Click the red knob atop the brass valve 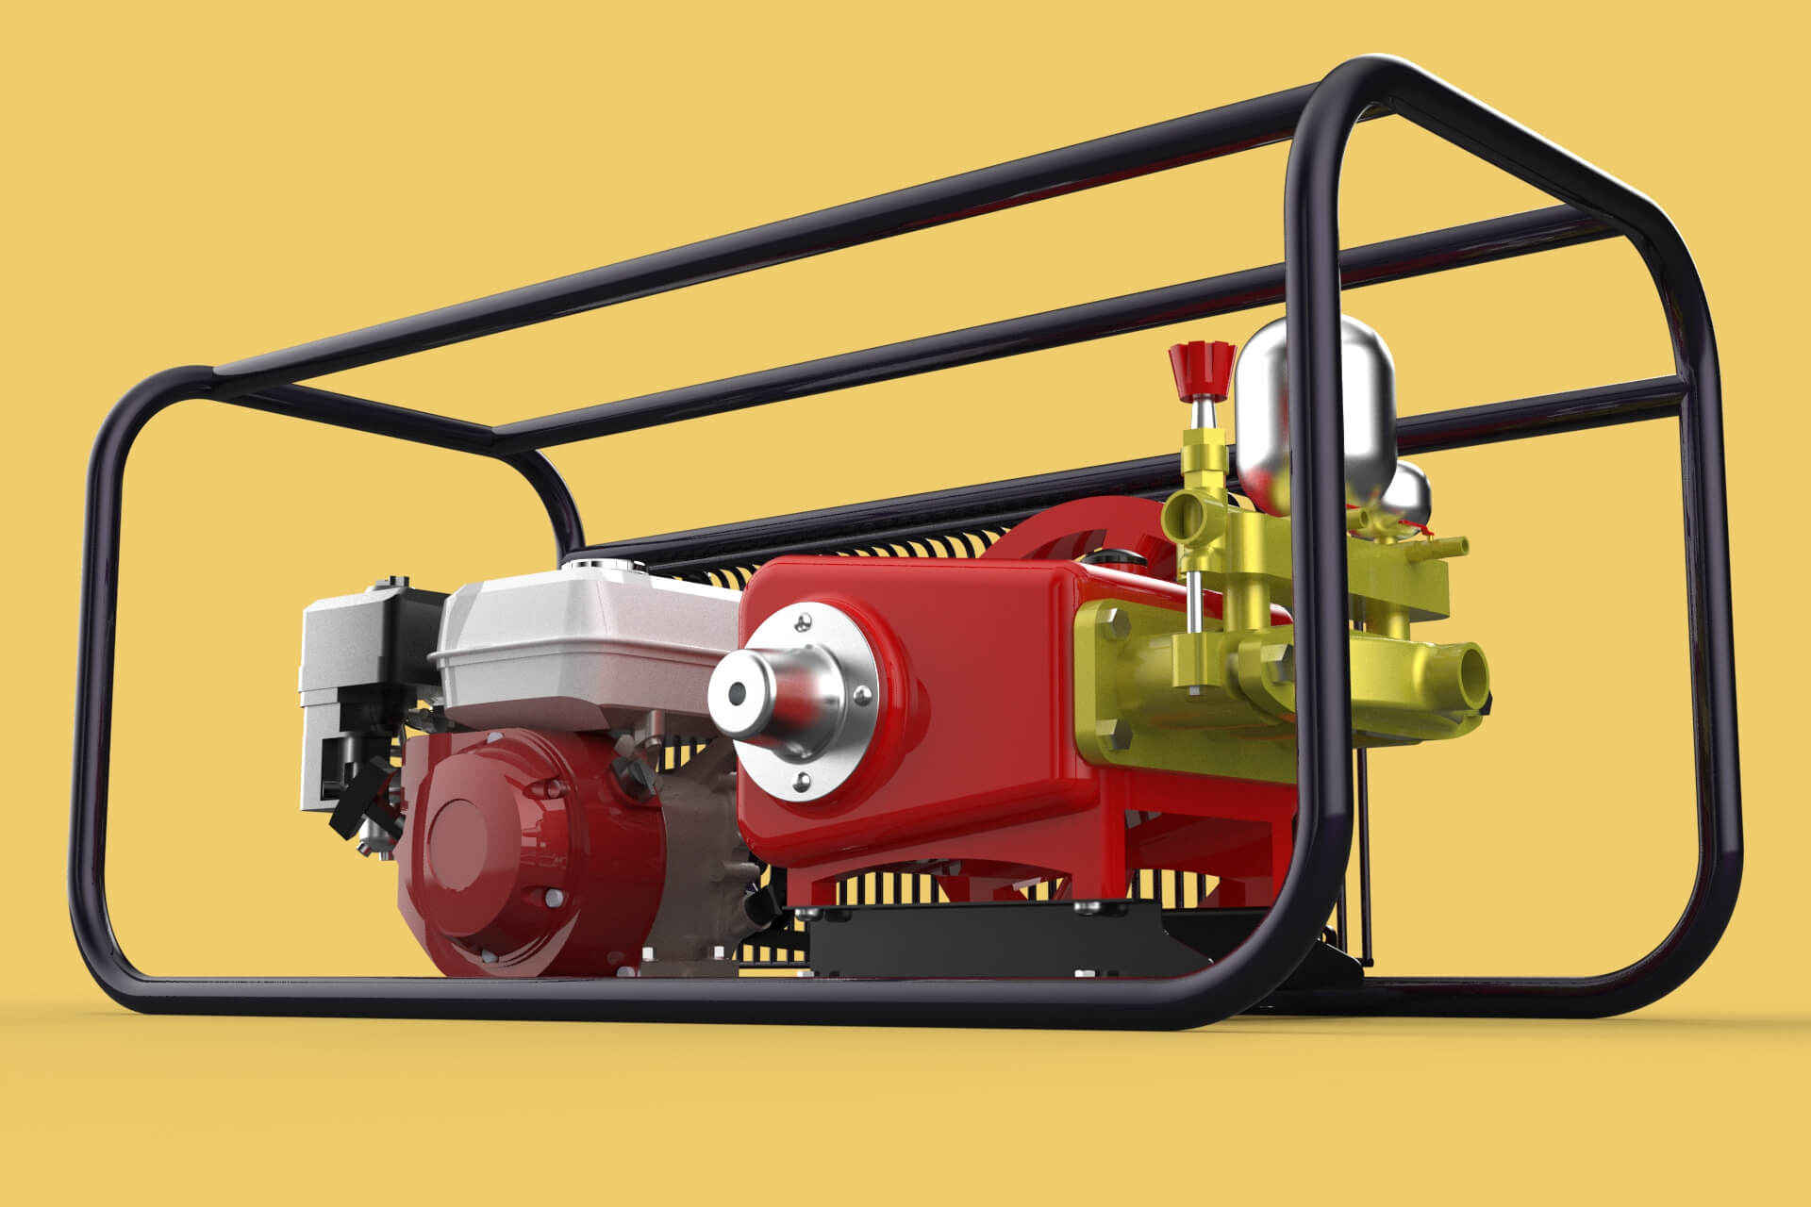[1201, 364]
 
